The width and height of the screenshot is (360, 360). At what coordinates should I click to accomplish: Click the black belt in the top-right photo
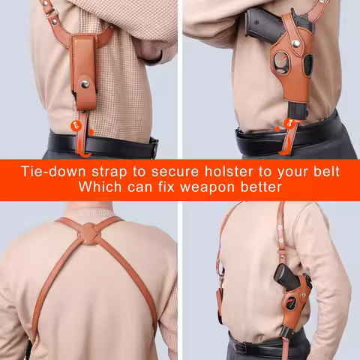coord(315,135)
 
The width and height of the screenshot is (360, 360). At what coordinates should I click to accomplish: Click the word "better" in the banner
coord(259,187)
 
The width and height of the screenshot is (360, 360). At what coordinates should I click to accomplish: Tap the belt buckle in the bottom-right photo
coord(241,346)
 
